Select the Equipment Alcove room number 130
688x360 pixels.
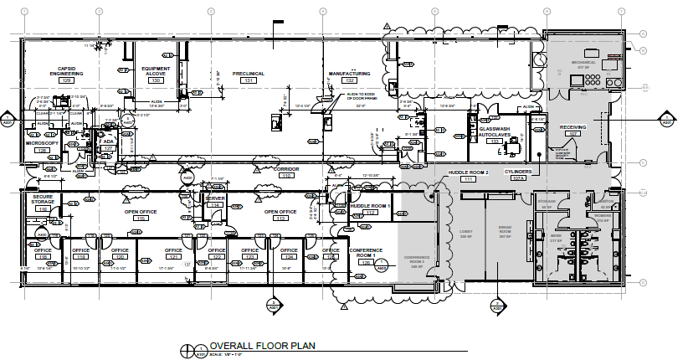pos(157,80)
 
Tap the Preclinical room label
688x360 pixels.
pos(249,74)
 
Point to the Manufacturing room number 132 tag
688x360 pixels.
pos(350,80)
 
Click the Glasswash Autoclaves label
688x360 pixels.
pos(495,132)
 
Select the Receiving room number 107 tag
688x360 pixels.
pos(573,134)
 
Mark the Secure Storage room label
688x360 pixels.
pos(43,199)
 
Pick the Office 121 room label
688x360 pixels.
pos(173,249)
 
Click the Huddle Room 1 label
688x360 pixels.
pos(370,205)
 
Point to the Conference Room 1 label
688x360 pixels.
pos(365,253)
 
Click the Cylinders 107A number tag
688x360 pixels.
pos(518,178)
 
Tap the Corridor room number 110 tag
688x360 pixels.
pos(285,177)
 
